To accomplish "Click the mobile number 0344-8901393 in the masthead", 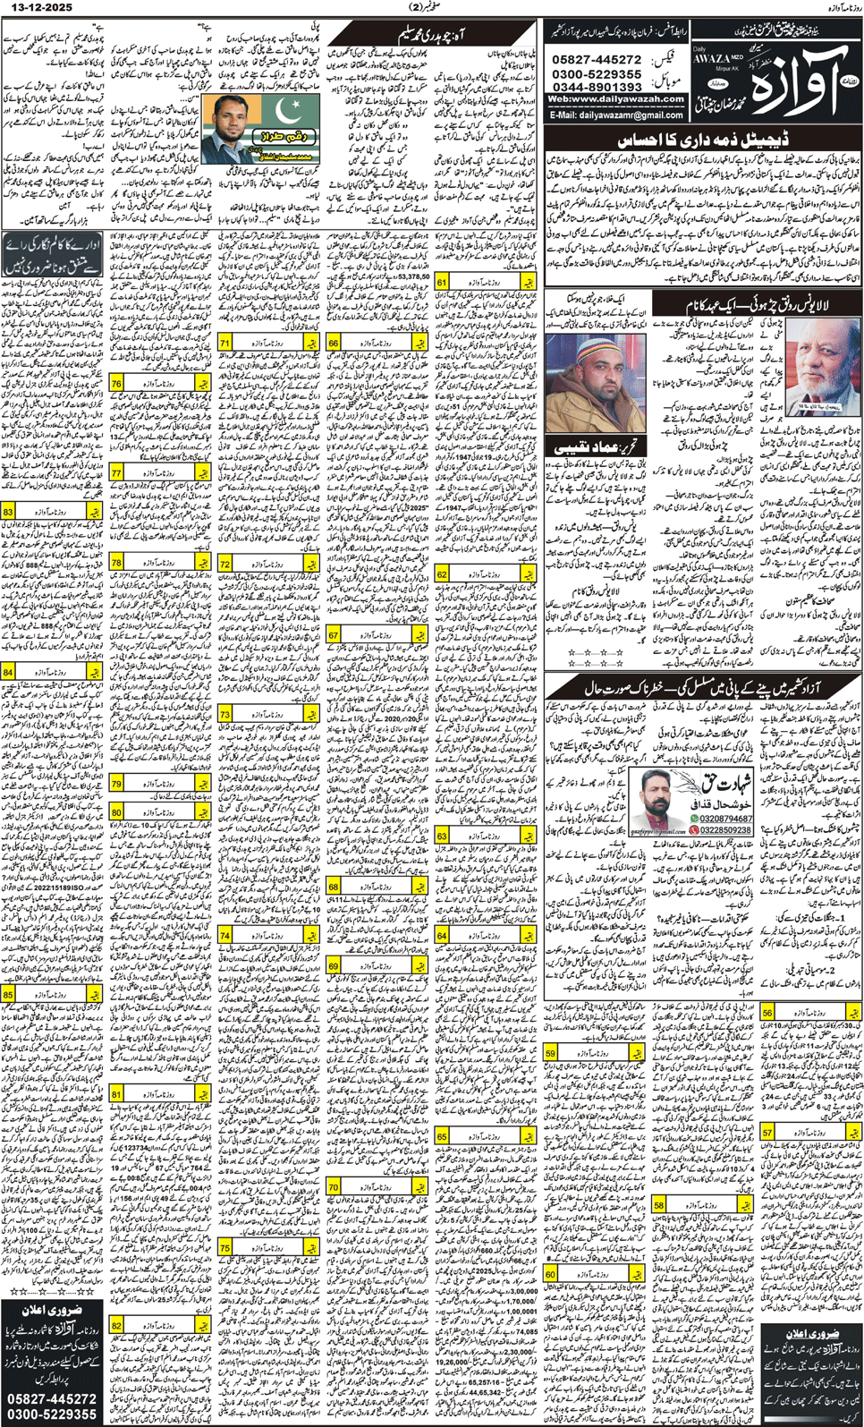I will pyautogui.click(x=597, y=86).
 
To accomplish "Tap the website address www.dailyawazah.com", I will pyautogui.click(x=616, y=99).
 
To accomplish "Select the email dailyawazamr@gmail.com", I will pyautogui.click(x=616, y=115).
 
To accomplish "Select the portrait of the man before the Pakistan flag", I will pyautogui.click(x=232, y=125).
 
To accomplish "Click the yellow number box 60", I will pyautogui.click(x=551, y=1274).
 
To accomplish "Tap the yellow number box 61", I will pyautogui.click(x=442, y=283).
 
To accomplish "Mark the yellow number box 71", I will pyautogui.click(x=224, y=343).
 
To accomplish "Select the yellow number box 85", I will pyautogui.click(x=8, y=994).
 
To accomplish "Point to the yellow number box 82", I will pyautogui.click(x=117, y=1326).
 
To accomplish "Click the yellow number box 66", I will pyautogui.click(x=334, y=343).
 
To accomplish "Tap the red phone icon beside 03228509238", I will pyautogui.click(x=694, y=830).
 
